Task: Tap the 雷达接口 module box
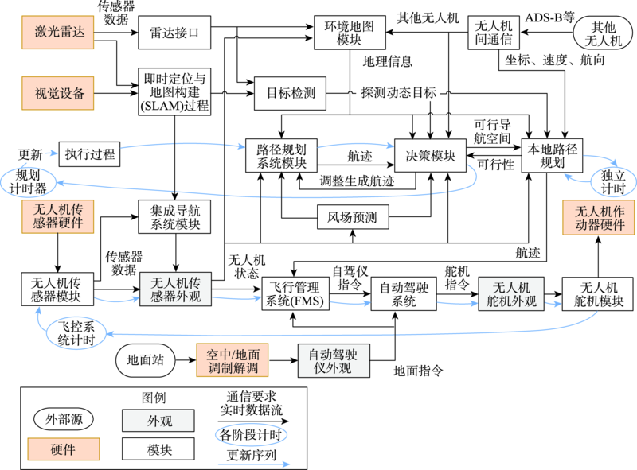pyautogui.click(x=175, y=34)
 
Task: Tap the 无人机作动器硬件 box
pyautogui.click(x=599, y=217)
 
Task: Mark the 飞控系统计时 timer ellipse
pyautogui.click(x=77, y=332)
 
